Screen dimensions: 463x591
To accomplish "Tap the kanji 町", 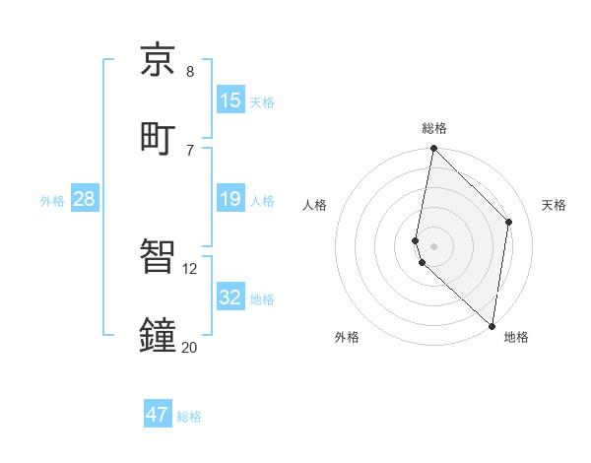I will click(159, 136).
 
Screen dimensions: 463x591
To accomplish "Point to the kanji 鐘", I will click(159, 334).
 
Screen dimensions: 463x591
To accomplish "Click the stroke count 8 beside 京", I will click(190, 72).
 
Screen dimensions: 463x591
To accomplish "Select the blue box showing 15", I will click(230, 100).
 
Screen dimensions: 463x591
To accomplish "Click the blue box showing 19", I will click(230, 199).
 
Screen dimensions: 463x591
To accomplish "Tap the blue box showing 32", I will click(230, 298).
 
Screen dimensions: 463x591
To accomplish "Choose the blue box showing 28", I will click(85, 199).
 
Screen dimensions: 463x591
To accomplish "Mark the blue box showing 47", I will click(158, 415).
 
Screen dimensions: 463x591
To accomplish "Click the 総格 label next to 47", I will click(189, 417).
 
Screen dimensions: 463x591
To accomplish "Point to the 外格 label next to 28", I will click(52, 201).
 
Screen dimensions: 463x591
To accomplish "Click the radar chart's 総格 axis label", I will click(434, 128).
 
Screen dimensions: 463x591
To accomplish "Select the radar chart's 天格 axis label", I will click(554, 205).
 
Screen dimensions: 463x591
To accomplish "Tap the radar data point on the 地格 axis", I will click(492, 326).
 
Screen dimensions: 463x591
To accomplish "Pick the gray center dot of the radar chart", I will click(434, 245).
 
